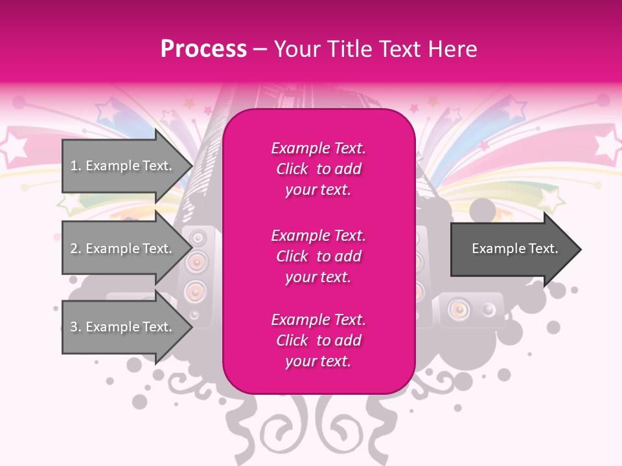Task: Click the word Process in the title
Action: (203, 49)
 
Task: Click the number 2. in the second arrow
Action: (76, 249)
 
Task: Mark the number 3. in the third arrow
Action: (76, 327)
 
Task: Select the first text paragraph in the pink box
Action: (318, 169)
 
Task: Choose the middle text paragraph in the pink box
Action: (318, 256)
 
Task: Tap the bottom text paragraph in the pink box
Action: (318, 340)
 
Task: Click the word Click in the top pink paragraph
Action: (292, 169)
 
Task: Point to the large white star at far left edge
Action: (12, 146)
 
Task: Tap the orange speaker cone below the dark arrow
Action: (459, 309)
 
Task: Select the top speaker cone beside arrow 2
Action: (197, 239)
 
